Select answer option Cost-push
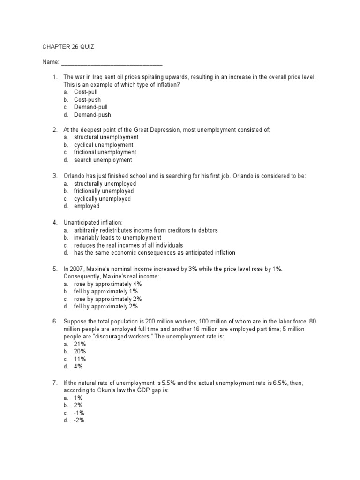coord(87,100)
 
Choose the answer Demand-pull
coord(90,107)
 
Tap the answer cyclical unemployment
coord(104,145)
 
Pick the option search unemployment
coord(103,160)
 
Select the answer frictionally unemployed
coord(104,191)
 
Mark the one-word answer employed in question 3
coord(87,206)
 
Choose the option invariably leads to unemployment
coord(116,238)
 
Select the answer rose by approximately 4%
coord(108,284)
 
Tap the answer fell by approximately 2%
coord(106,306)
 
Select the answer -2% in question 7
coord(79,420)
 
